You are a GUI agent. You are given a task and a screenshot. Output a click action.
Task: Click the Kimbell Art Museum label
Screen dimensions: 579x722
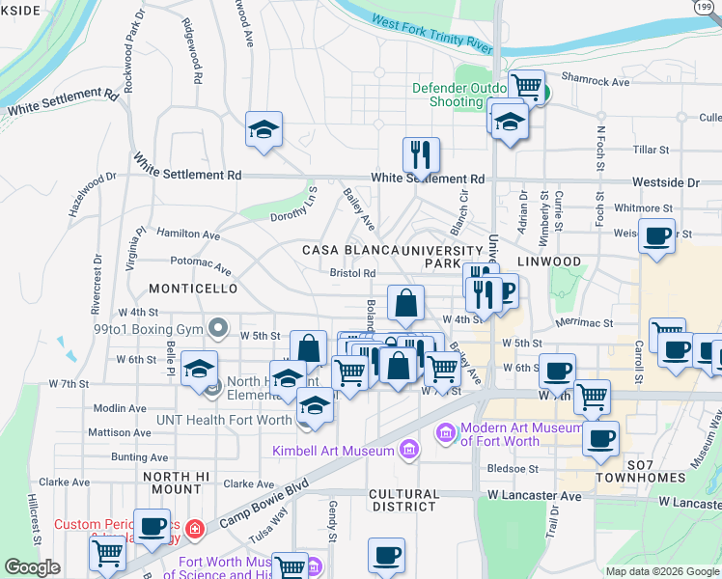coord(333,451)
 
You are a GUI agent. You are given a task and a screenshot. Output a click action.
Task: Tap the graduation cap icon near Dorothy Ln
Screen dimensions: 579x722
coord(264,129)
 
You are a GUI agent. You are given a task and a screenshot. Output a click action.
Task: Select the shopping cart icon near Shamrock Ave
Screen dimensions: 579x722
coord(527,86)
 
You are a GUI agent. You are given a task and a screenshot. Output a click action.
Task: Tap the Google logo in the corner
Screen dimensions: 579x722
coord(32,567)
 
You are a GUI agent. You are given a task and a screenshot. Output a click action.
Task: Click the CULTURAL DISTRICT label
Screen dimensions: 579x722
coord(404,500)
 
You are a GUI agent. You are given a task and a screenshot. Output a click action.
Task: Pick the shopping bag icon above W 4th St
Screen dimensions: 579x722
coord(406,301)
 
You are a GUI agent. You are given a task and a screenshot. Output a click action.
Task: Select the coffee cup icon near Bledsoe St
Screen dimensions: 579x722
coord(601,437)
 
